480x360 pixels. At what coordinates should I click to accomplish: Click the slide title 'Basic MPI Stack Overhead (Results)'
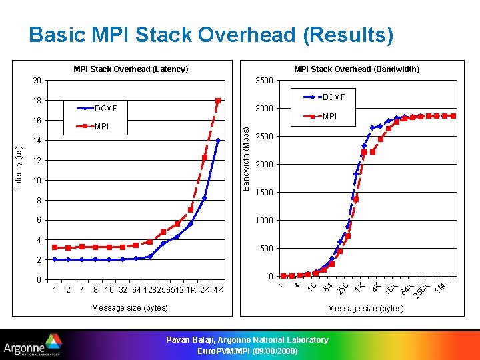pos(211,35)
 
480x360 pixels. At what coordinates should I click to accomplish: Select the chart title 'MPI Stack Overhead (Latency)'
pos(131,69)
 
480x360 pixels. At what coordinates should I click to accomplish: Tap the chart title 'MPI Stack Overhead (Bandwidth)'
pos(357,69)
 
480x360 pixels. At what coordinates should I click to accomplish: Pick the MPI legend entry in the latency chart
pos(102,126)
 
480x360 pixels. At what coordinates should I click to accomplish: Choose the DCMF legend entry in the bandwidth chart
pos(334,97)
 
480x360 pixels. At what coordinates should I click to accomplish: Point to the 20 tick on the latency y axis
pos(37,81)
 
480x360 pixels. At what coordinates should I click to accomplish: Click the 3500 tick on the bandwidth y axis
pos(265,81)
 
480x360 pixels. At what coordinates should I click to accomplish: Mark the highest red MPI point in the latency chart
pos(218,101)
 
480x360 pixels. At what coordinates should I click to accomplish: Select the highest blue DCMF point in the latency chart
pos(218,141)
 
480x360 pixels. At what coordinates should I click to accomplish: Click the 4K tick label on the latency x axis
pos(218,290)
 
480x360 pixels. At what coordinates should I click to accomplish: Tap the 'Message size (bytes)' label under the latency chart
pos(130,307)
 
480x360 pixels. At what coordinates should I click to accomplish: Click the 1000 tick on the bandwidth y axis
pos(265,221)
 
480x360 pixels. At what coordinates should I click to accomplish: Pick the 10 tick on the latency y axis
pos(37,181)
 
